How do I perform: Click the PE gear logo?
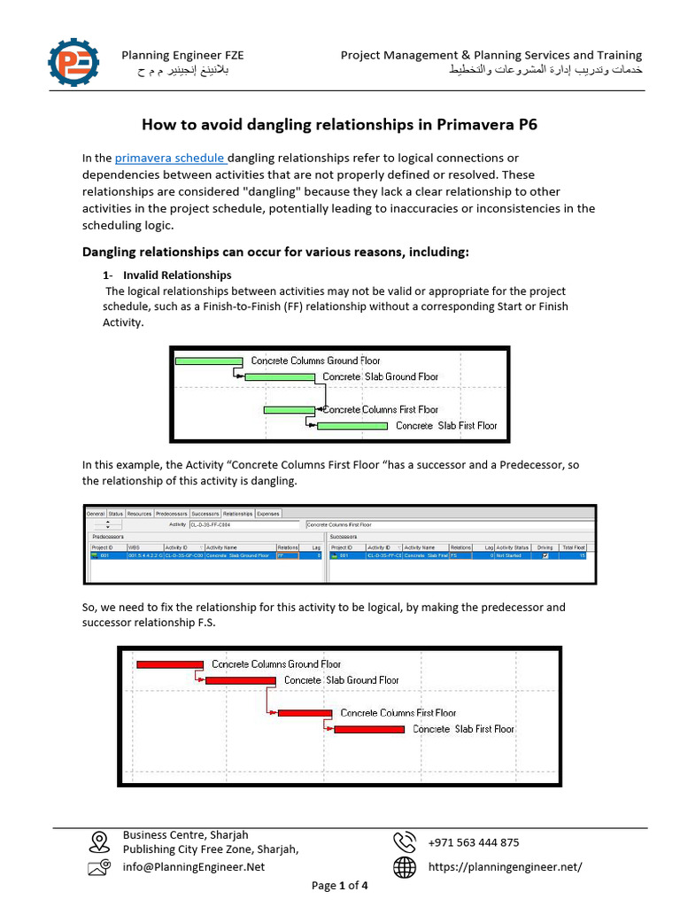(74, 63)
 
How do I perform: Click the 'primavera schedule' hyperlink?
(170, 159)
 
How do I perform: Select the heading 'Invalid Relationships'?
(177, 275)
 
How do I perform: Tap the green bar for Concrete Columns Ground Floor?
(209, 360)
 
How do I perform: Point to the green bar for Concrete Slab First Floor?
(352, 426)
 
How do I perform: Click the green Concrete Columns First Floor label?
(381, 410)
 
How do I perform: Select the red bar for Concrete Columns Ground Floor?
(170, 664)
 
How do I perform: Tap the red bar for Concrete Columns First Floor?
(305, 713)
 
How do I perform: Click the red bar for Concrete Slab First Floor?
(369, 729)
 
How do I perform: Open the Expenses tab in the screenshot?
(268, 513)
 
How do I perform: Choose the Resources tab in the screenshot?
(139, 513)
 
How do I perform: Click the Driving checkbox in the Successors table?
(545, 555)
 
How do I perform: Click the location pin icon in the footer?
(99, 841)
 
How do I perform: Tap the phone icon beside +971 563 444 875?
(405, 841)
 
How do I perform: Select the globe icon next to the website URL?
(405, 867)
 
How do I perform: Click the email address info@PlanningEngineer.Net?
(194, 867)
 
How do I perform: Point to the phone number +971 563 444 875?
(474, 842)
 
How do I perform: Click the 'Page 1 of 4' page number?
(340, 885)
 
